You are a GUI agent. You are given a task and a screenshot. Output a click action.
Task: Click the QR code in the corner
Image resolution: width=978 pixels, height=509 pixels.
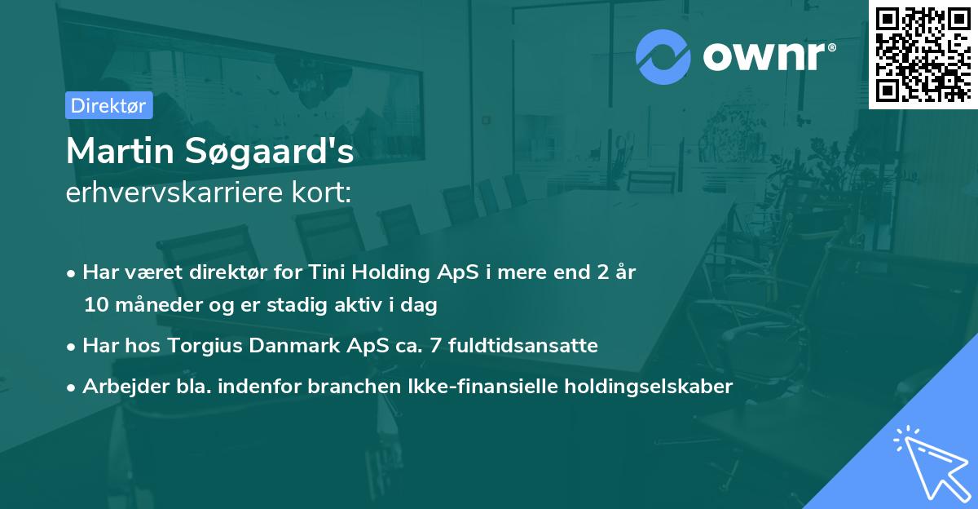point(923,54)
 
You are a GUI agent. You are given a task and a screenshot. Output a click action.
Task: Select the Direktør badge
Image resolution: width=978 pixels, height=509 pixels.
point(108,106)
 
